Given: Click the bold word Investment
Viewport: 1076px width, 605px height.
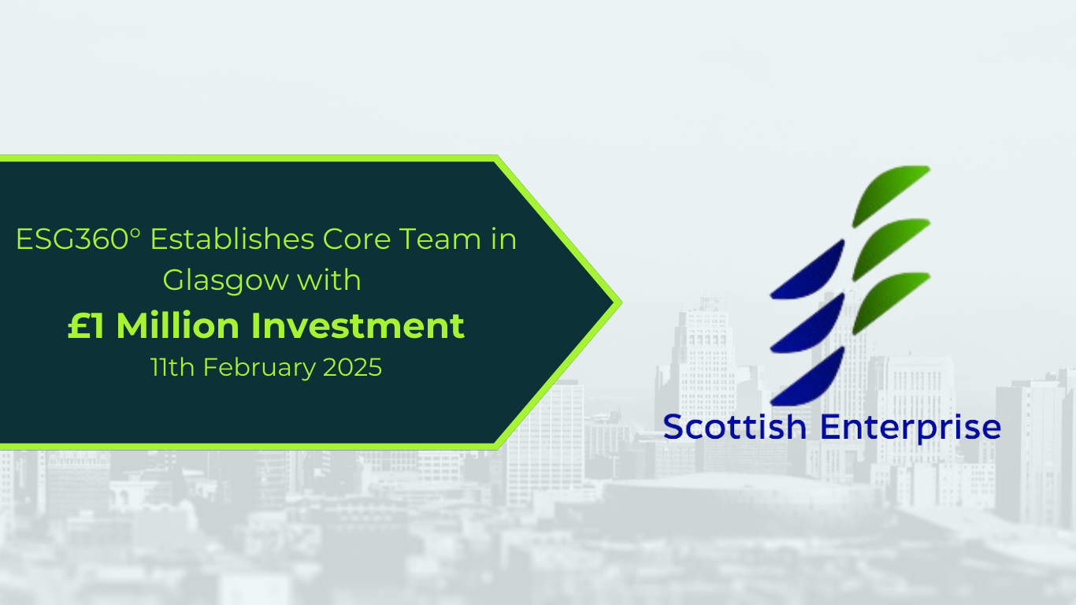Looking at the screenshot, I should tap(358, 325).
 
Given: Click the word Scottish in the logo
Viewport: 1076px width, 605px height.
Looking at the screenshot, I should tap(735, 427).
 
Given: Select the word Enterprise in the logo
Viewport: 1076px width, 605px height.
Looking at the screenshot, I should tap(911, 427).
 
